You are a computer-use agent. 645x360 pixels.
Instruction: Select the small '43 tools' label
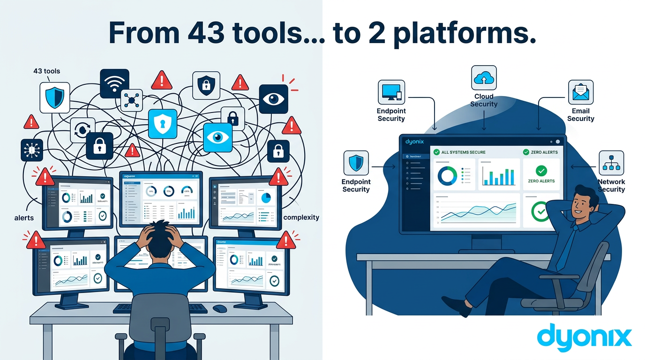pos(46,71)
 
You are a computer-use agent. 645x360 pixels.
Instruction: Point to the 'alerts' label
pos(24,218)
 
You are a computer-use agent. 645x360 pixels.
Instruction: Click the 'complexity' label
pos(301,217)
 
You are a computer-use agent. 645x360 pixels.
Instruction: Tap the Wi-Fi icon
pos(114,83)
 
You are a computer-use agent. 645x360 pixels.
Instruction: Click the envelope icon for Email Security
pos(581,92)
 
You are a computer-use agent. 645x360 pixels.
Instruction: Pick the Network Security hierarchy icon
pos(611,163)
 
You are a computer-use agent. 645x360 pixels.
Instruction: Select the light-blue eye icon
pos(217,137)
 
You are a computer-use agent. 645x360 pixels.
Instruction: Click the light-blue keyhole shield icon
pos(163,124)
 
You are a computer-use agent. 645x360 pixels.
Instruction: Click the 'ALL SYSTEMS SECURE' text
pos(463,152)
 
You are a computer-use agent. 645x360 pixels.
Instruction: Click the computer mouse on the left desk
pos(219,308)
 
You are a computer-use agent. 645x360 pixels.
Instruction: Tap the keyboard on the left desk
pos(160,308)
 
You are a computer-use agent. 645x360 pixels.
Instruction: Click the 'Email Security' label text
pos(580,115)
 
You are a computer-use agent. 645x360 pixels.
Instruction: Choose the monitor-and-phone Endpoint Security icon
pos(391,92)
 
